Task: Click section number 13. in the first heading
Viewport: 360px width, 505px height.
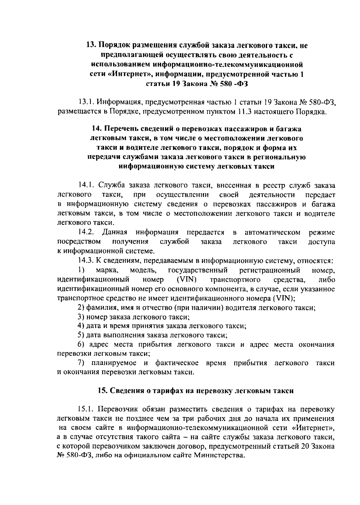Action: coord(91,46)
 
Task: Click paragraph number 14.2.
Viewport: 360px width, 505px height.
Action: coord(87,232)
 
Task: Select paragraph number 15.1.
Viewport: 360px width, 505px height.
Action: coord(87,409)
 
